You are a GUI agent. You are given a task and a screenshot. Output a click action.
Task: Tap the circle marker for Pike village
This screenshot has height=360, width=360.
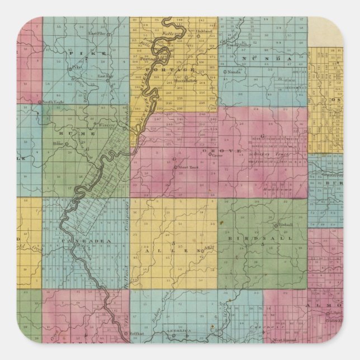coord(69,69)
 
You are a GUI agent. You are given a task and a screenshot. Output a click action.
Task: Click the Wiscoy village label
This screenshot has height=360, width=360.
coord(106,126)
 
